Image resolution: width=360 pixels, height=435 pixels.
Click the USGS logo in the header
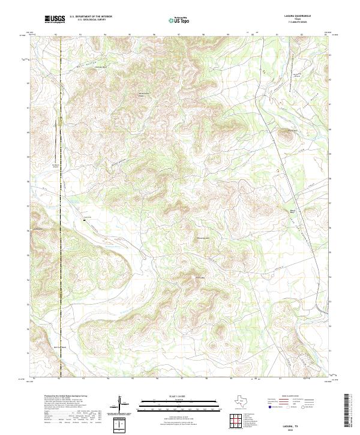[55, 20]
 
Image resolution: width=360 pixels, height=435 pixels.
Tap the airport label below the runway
[57, 165]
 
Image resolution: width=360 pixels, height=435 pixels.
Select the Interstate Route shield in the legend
[266, 407]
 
